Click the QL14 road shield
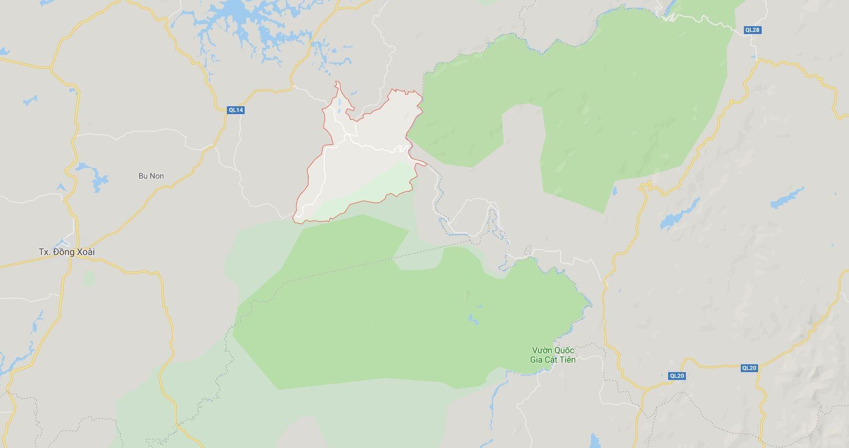[x=236, y=110]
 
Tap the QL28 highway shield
[x=752, y=30]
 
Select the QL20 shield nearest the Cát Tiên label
[x=676, y=376]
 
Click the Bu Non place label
[x=151, y=176]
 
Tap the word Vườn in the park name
[x=542, y=350]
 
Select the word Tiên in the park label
[x=567, y=360]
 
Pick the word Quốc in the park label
[x=564, y=350]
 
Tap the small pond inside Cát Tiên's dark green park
[x=473, y=318]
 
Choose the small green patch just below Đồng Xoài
[x=88, y=278]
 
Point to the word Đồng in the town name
[x=64, y=252]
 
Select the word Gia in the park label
[x=537, y=360]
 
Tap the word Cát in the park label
[x=552, y=360]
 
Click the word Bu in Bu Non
[x=143, y=176]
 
